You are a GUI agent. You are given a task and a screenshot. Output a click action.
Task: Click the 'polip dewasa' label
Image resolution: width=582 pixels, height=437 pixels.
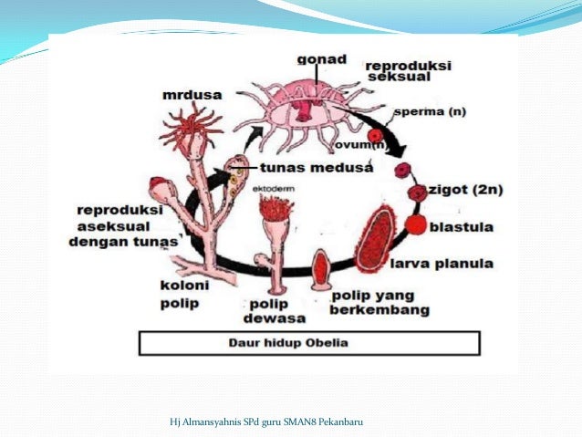click(269, 310)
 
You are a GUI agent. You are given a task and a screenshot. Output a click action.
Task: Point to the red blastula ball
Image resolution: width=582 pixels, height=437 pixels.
click(416, 224)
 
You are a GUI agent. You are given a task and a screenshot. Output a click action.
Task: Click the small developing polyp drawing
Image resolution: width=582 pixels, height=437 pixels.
click(320, 269)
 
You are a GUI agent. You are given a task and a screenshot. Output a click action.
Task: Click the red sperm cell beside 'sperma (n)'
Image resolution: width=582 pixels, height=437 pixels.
click(375, 135)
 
